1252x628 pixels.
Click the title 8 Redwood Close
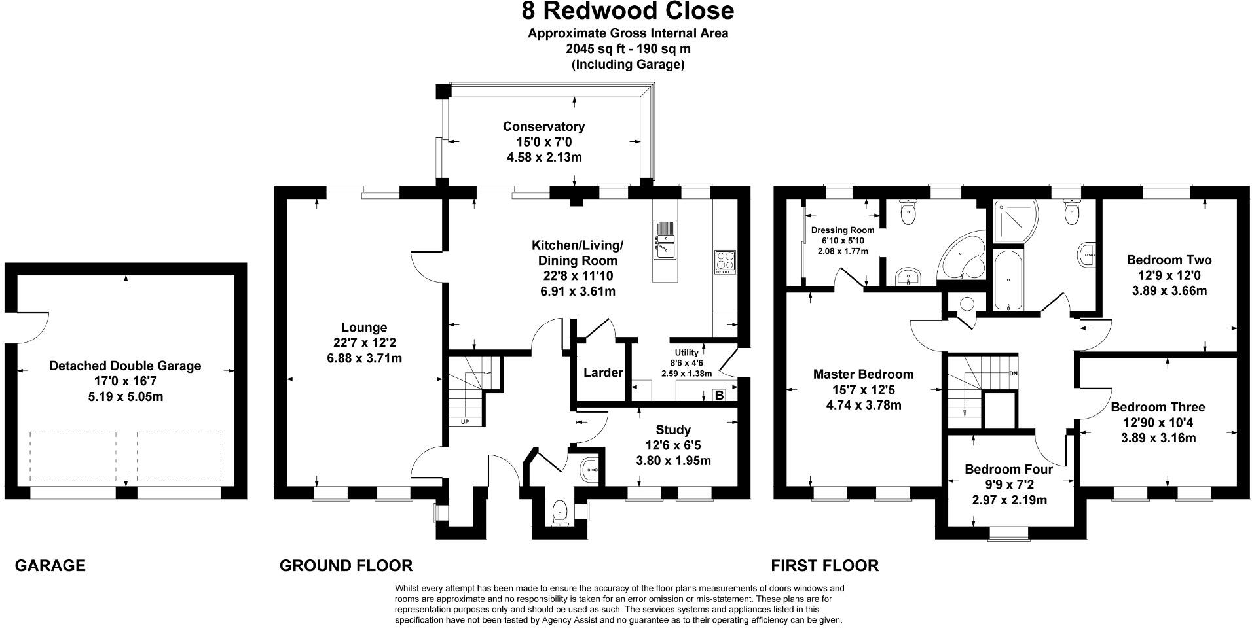click(x=627, y=12)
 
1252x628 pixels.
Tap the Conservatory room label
click(x=543, y=126)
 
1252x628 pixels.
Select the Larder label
click(x=603, y=373)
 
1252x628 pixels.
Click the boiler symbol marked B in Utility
click(x=718, y=395)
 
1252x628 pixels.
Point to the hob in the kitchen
click(x=724, y=263)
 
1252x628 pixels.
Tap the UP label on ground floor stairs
click(x=465, y=422)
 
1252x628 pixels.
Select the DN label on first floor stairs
click(x=1014, y=374)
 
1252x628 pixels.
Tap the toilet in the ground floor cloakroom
click(x=560, y=512)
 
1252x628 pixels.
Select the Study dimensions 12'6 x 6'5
click(x=673, y=445)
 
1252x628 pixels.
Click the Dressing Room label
click(x=842, y=230)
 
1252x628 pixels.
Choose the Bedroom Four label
click(x=1008, y=469)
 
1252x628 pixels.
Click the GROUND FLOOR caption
click(x=346, y=565)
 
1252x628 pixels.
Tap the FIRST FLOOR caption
click(x=824, y=565)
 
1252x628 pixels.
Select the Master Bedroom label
click(x=863, y=374)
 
